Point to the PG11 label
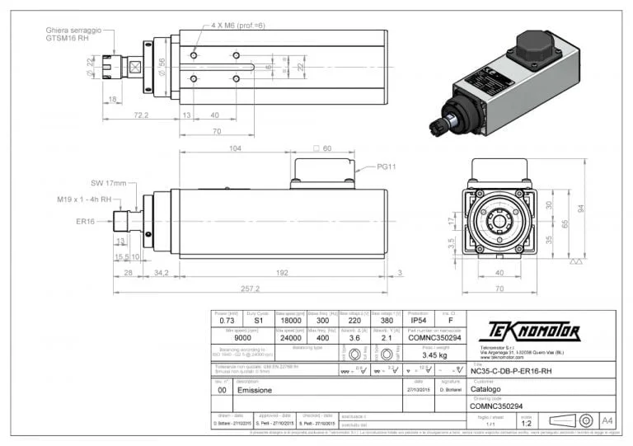pos(387,167)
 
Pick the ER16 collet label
pos(86,221)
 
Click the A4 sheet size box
pos(607,421)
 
